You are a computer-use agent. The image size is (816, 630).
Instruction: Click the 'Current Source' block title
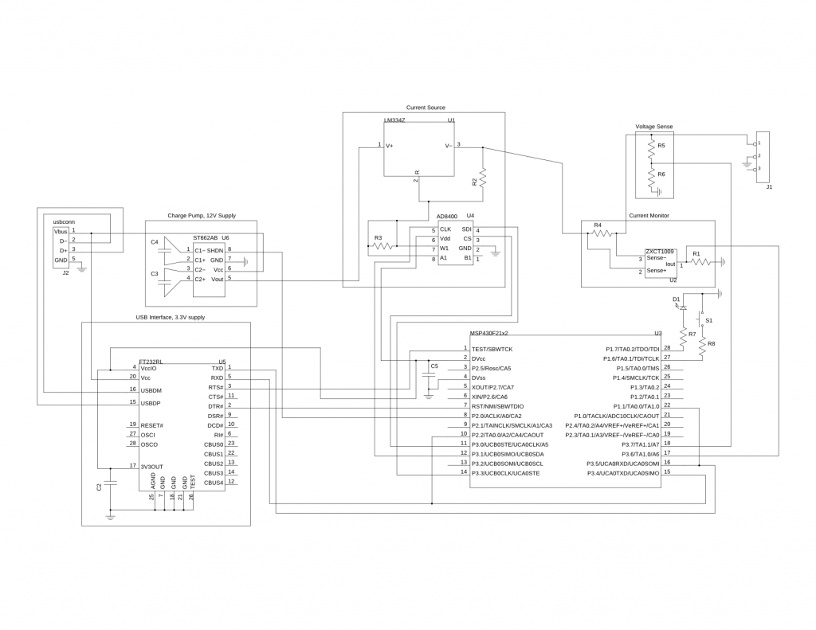pos(426,108)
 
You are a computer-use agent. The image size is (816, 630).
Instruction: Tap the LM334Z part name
pos(394,120)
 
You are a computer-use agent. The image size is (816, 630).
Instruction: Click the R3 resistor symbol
pos(383,246)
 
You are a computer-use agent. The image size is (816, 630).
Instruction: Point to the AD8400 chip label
pos(447,216)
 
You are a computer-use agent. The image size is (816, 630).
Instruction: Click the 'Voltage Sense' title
pos(653,127)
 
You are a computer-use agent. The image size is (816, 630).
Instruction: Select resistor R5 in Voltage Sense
pos(651,148)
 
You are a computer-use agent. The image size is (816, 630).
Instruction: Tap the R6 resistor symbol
pos(651,175)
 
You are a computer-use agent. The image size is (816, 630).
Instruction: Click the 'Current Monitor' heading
pos(649,215)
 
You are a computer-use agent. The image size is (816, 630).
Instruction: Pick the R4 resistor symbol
pos(602,233)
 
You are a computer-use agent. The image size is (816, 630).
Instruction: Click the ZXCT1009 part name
pos(660,251)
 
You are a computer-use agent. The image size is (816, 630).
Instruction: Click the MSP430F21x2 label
pos(489,333)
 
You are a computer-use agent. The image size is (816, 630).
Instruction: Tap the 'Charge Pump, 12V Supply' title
pos(202,215)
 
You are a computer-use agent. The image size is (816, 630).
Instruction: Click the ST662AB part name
pos(205,237)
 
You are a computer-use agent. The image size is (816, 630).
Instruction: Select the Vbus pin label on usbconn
pos(61,230)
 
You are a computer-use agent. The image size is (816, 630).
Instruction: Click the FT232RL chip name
pos(151,360)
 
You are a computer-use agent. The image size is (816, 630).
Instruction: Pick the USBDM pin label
pos(151,390)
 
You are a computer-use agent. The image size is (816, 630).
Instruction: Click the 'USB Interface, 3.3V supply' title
pos(171,317)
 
